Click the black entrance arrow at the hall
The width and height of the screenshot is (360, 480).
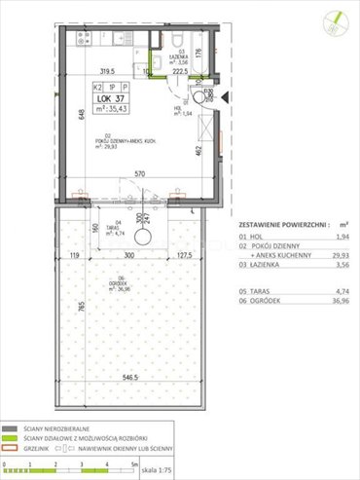click(225, 96)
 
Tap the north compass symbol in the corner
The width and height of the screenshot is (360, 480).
click(335, 18)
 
